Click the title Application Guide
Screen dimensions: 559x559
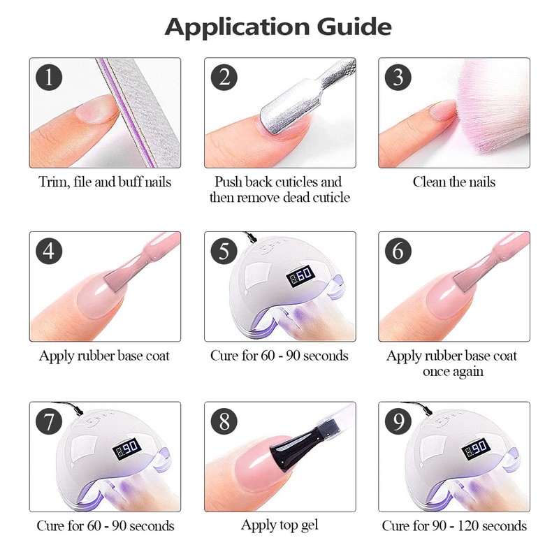(278, 27)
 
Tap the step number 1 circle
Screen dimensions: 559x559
(48, 77)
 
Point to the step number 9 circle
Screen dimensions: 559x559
(398, 421)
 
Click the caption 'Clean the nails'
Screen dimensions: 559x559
(453, 182)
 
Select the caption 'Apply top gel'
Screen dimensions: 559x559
(279, 525)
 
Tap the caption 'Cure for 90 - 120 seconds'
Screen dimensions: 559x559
(453, 525)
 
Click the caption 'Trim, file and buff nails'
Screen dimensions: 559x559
(104, 182)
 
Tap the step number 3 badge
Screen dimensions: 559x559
(398, 77)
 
